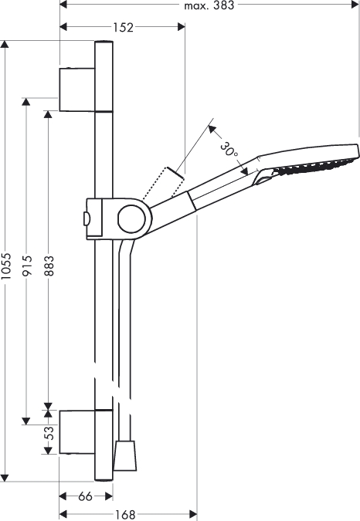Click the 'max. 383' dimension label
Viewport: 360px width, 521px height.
pos(209,5)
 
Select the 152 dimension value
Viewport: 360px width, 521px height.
pos(123,27)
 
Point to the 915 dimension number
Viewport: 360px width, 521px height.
pos(26,266)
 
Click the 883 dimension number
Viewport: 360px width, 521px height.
pos(49,266)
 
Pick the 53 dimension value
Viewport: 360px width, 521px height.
pos(49,433)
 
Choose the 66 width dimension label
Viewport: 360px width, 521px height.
pos(85,497)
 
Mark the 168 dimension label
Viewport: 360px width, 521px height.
pos(125,515)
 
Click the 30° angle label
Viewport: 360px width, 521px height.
pos(229,149)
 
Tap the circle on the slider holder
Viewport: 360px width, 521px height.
pos(131,218)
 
